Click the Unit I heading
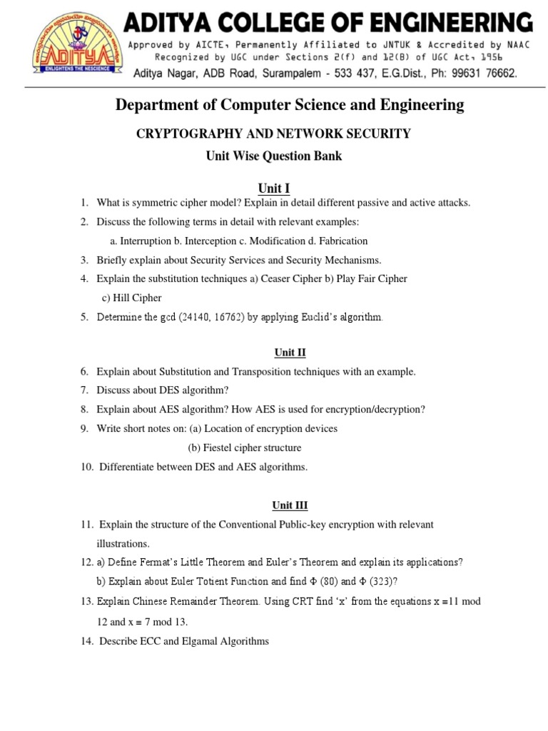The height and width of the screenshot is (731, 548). (x=274, y=188)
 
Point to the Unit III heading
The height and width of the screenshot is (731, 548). (x=290, y=505)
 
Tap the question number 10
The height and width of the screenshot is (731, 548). (x=86, y=467)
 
